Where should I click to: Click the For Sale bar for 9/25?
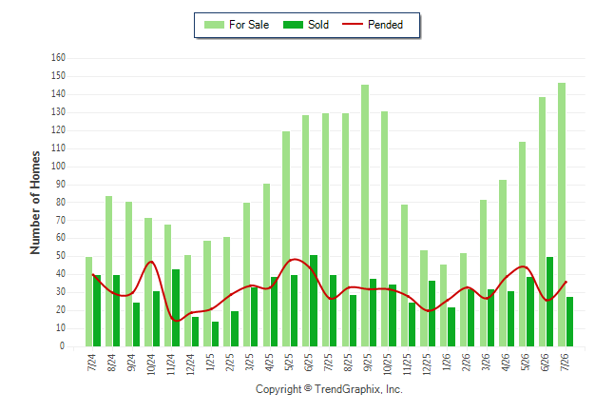(x=365, y=215)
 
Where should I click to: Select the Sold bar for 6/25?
(x=314, y=301)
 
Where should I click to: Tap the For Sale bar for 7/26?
(x=562, y=214)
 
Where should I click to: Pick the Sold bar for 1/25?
(x=216, y=334)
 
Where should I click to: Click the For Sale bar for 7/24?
(x=89, y=302)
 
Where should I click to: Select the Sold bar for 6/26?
(x=549, y=302)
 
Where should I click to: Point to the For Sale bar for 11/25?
(x=404, y=275)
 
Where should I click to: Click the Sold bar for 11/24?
(x=176, y=308)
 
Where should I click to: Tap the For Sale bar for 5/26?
(x=523, y=244)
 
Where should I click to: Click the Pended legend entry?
(x=373, y=25)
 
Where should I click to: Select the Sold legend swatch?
(x=293, y=25)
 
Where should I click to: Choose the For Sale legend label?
(x=249, y=25)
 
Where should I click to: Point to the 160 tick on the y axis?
(x=58, y=58)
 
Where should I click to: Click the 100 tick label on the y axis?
(x=58, y=166)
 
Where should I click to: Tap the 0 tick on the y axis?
(x=62, y=346)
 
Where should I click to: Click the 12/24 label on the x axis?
(x=190, y=364)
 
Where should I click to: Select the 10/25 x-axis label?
(x=387, y=364)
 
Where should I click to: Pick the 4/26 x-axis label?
(x=505, y=363)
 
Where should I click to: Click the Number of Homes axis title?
(x=35, y=203)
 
